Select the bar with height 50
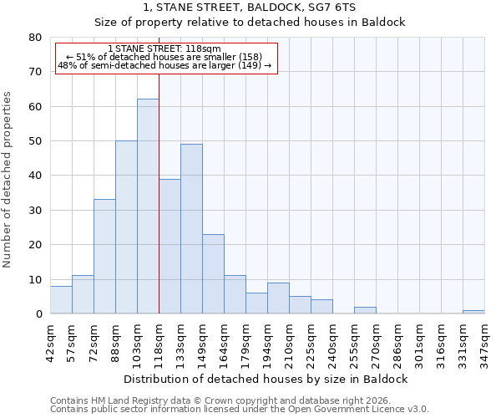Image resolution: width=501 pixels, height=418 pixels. [x=126, y=227]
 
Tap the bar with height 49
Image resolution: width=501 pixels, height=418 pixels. [x=191, y=229]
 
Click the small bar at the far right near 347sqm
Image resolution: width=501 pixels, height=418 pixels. [x=473, y=312]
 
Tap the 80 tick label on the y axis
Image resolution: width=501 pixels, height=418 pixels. [x=34, y=38]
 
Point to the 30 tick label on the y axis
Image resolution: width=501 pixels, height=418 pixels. [x=34, y=211]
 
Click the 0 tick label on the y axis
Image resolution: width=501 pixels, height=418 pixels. [x=38, y=314]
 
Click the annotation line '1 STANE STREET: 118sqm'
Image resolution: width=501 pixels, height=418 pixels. [x=164, y=49]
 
